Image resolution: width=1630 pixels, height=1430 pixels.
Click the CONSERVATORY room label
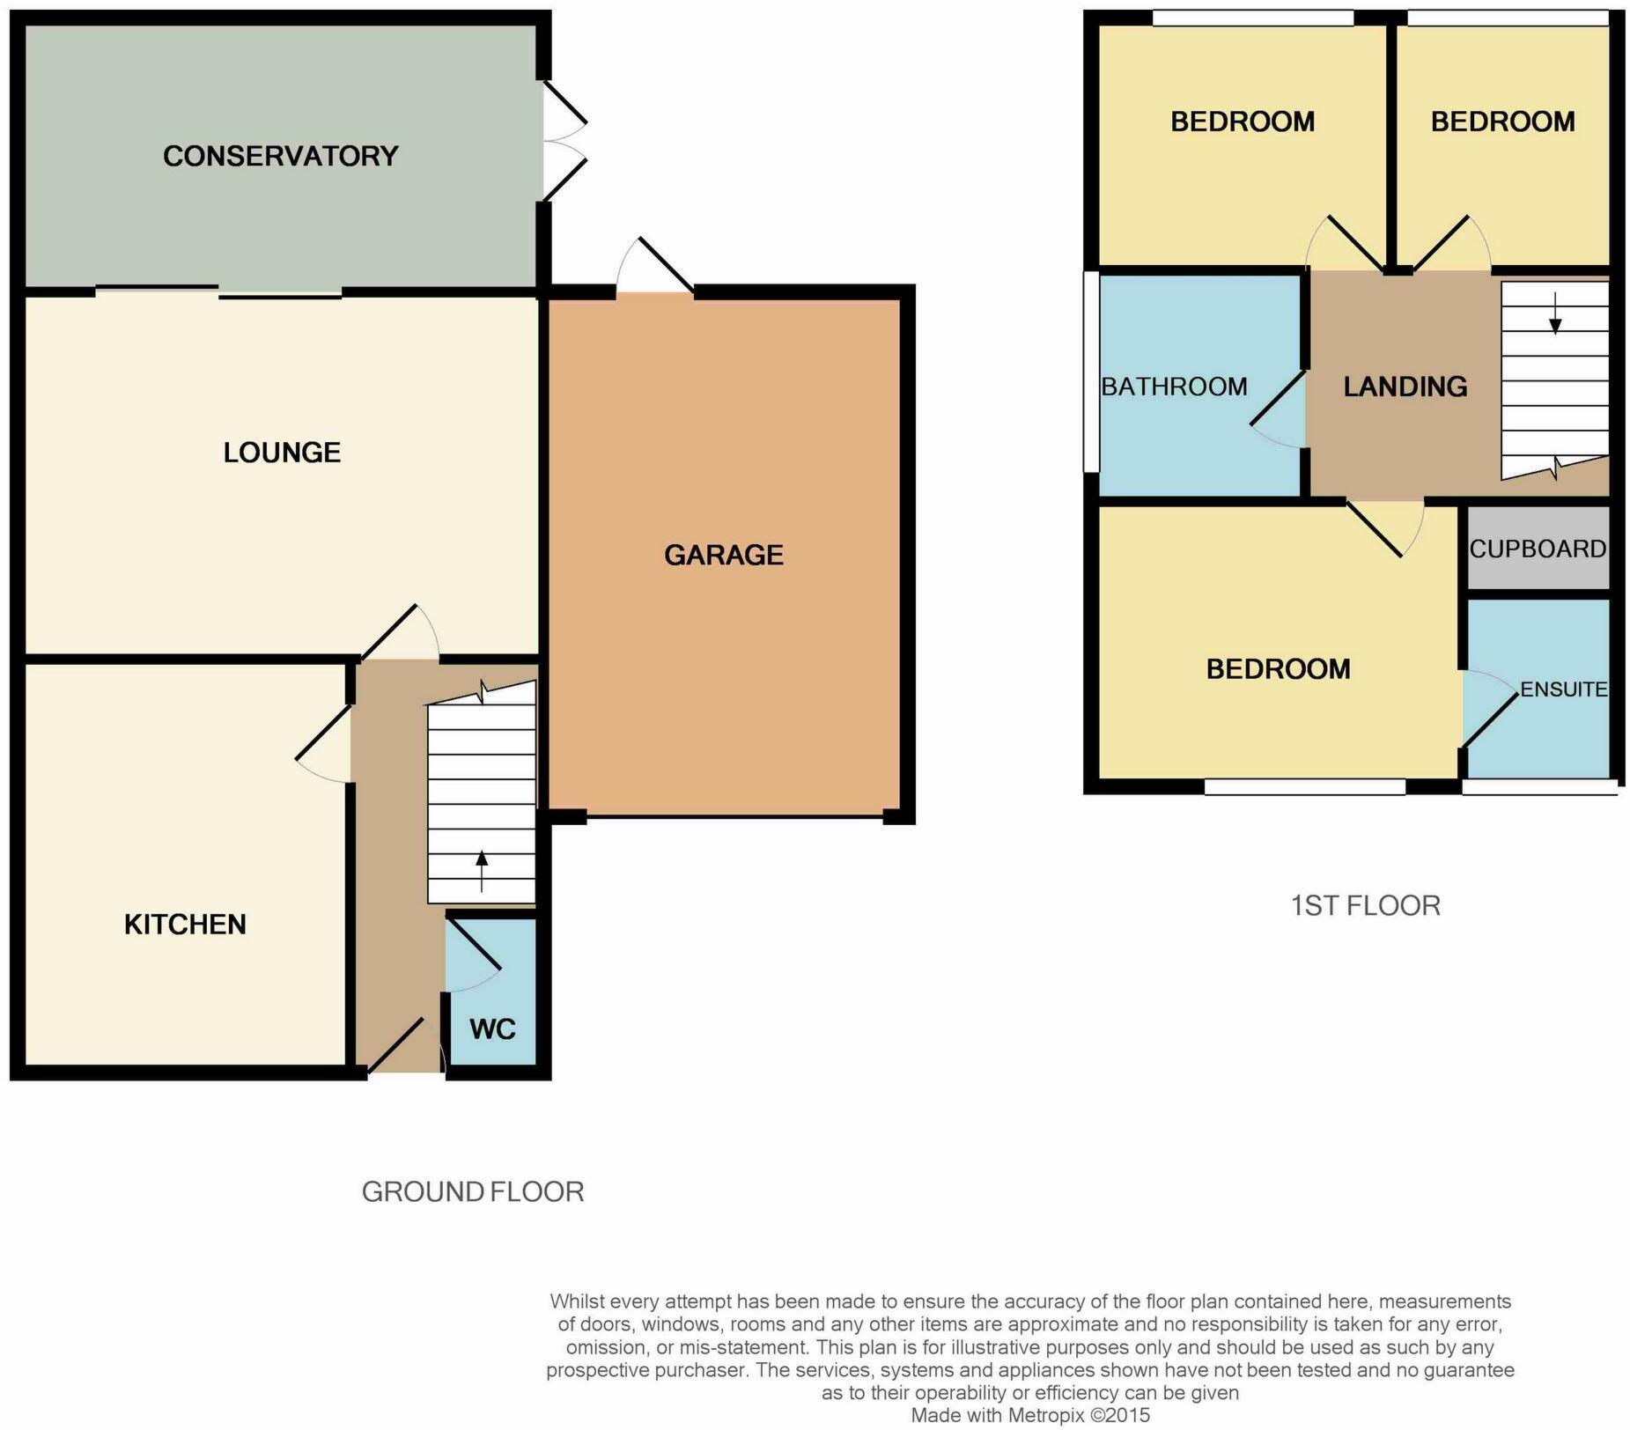pos(280,156)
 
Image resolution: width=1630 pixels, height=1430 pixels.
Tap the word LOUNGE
pos(282,453)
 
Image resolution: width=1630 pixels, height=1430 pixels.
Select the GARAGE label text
pos(723,555)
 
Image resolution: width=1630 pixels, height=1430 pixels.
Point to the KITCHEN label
pos(185,925)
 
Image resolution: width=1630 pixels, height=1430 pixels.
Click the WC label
pos(491,1028)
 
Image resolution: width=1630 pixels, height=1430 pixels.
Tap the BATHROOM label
pos(1174,387)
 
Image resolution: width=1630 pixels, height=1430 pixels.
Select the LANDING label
pos(1405,387)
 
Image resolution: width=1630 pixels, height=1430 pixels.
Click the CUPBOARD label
pos(1538,549)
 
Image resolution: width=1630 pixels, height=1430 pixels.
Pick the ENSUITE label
pos(1563,689)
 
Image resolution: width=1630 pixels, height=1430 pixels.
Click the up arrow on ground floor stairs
pos(481,871)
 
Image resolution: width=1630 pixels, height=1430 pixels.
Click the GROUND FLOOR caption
pos(473,1191)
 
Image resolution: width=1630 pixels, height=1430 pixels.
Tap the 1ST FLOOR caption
pos(1365,905)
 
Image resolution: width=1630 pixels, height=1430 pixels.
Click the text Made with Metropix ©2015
pos(1029,1416)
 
